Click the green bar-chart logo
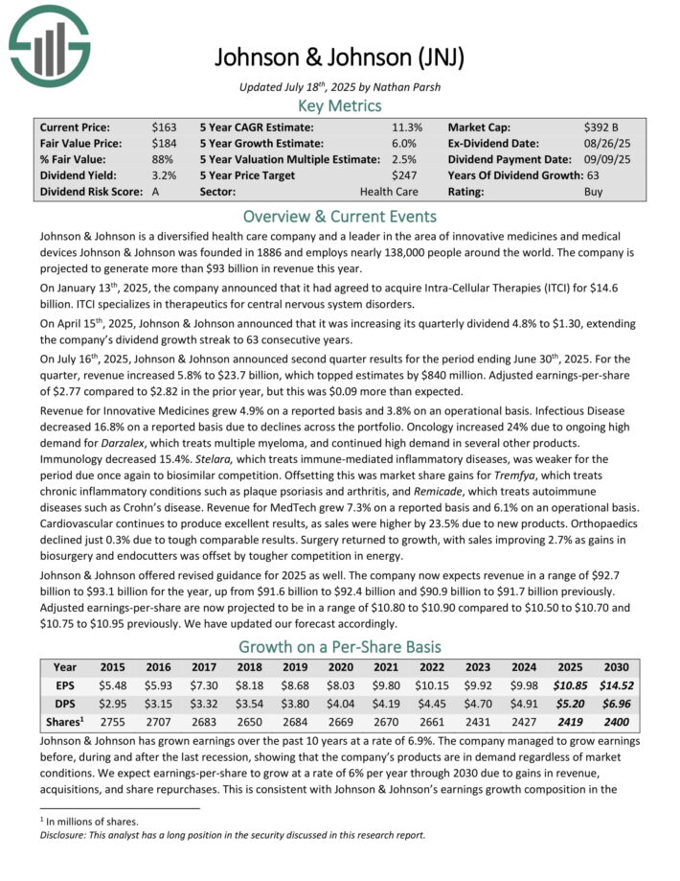[49, 44]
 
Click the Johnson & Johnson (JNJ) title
[339, 57]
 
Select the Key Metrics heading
[339, 105]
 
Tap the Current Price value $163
[164, 127]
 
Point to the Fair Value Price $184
[164, 143]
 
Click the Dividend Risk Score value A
[156, 192]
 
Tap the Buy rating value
[594, 192]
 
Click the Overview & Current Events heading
[339, 216]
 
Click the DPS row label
[65, 704]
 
